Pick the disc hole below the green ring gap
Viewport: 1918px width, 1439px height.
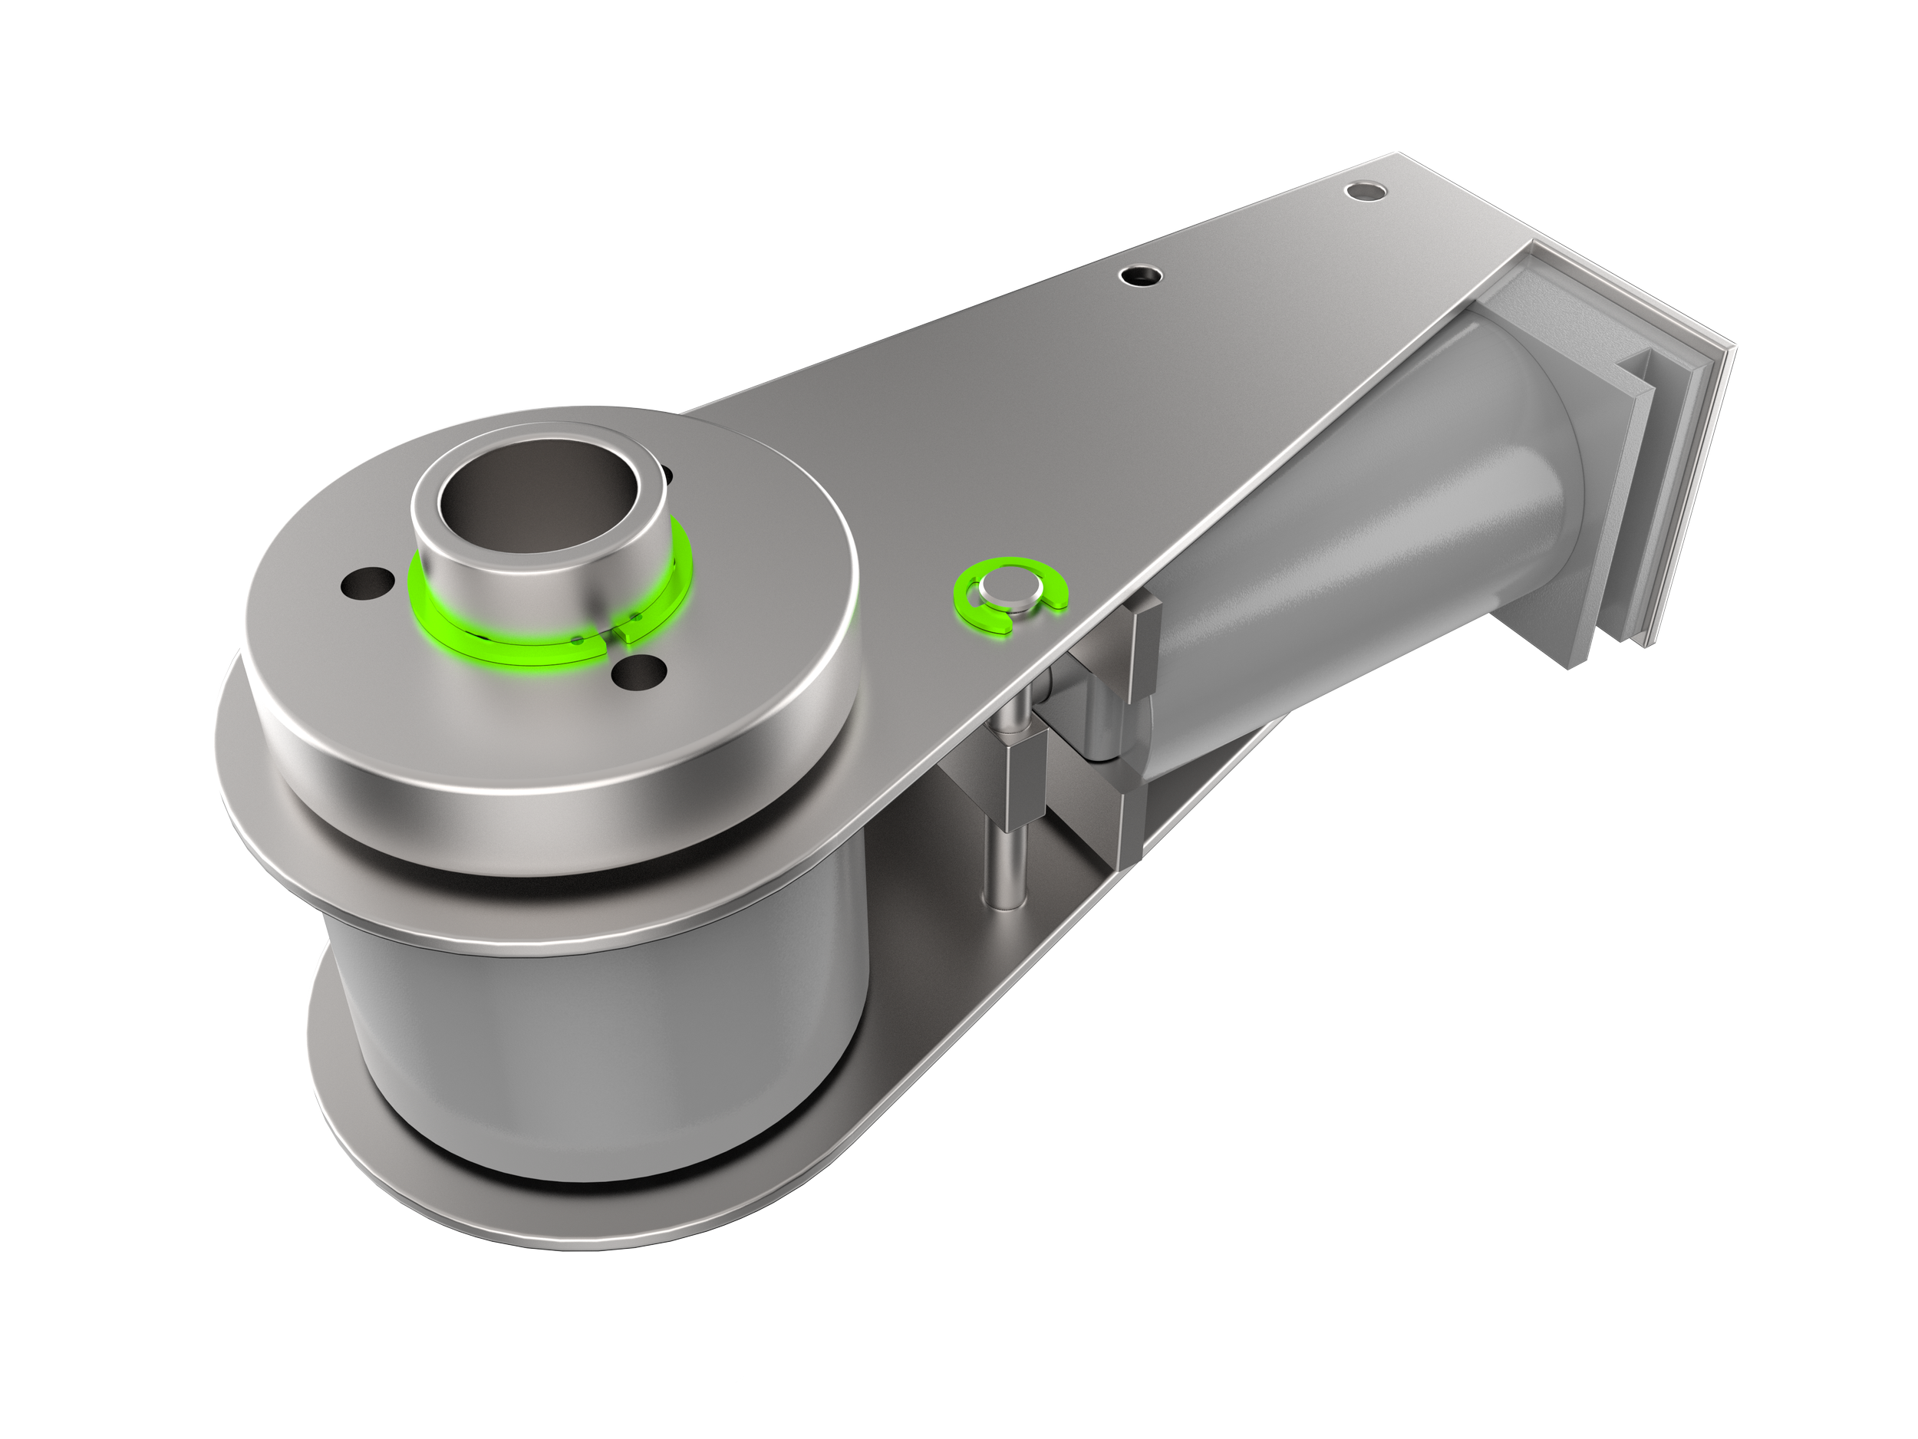[638, 674]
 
